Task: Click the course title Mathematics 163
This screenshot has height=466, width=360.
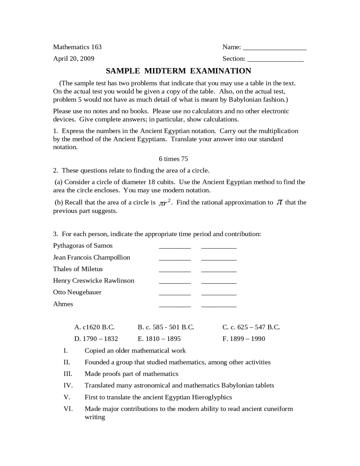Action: [x=77, y=47]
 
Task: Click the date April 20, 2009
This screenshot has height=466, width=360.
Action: [x=74, y=59]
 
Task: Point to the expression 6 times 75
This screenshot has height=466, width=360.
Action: [x=173, y=159]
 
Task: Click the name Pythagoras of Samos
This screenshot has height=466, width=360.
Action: [x=83, y=245]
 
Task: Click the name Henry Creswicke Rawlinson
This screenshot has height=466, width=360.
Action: [x=94, y=280]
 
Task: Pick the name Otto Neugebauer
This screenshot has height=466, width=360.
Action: [x=77, y=292]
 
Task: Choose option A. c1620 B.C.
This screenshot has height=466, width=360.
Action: [x=94, y=327]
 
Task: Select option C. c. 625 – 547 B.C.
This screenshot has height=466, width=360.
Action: [x=251, y=327]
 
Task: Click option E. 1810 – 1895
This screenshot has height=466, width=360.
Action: [x=159, y=339]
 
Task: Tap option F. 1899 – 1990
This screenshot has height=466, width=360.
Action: [x=244, y=339]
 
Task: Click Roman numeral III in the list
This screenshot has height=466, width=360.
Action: [x=68, y=374]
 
